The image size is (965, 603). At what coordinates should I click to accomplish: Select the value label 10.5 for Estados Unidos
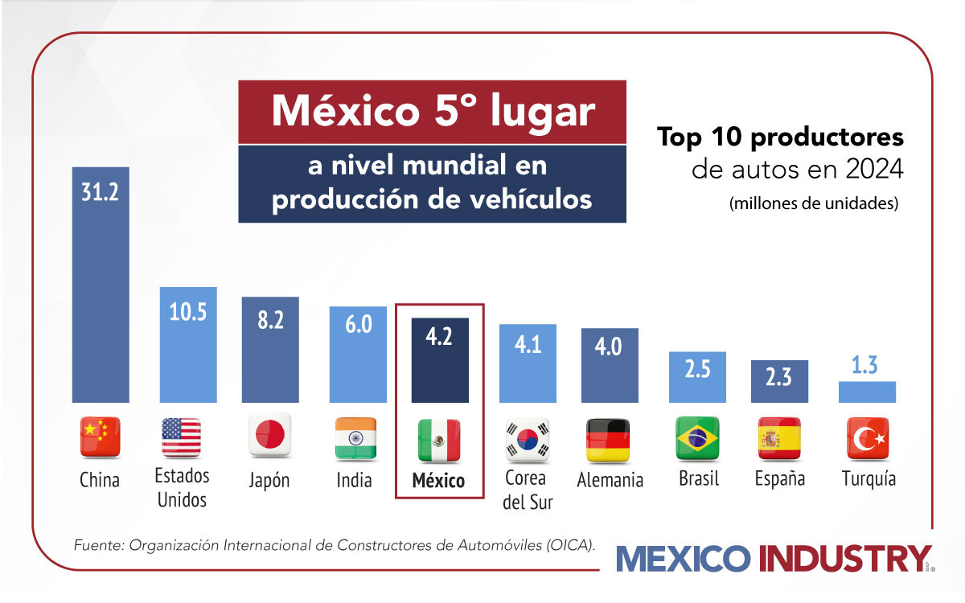188,312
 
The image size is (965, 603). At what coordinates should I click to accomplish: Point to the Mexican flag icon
439,439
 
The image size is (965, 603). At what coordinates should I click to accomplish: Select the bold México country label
438,481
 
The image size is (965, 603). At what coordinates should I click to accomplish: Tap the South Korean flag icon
527,439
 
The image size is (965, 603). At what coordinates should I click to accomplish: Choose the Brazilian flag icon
697,438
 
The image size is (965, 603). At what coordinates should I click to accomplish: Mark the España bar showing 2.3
779,381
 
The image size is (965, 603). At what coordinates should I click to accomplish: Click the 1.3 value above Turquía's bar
867,365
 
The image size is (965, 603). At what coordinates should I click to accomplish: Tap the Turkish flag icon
868,438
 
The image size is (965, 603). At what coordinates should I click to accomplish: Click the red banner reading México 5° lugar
433,112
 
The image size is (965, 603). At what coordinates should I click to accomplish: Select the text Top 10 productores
780,137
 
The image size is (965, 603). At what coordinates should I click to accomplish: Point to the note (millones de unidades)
813,204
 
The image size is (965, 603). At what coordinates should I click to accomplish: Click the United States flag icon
181,438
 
